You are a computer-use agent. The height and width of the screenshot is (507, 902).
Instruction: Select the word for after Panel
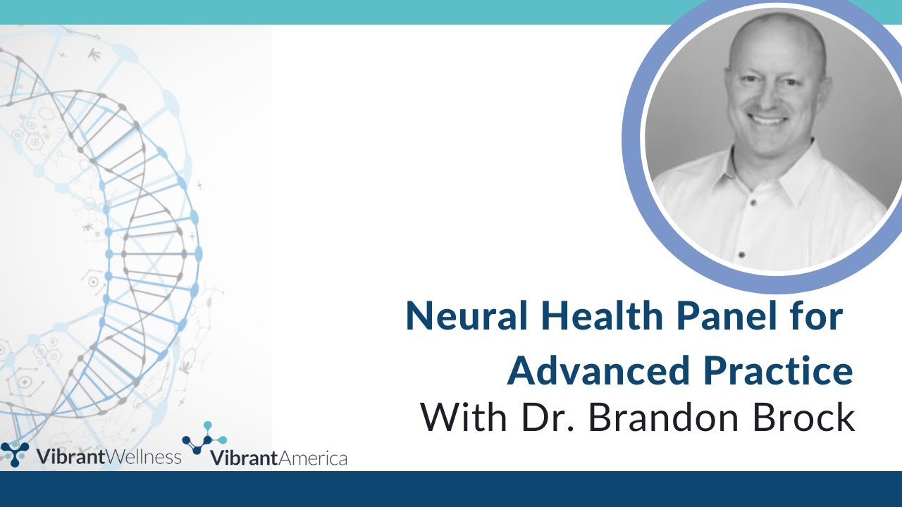tap(816, 317)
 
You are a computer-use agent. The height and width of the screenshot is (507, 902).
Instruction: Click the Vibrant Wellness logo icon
tap(15, 454)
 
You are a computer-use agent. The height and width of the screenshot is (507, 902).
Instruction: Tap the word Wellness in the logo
tap(144, 457)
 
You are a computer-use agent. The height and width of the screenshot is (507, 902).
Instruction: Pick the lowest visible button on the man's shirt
tap(741, 253)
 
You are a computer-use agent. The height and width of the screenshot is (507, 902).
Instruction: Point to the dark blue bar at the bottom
tap(451, 489)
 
